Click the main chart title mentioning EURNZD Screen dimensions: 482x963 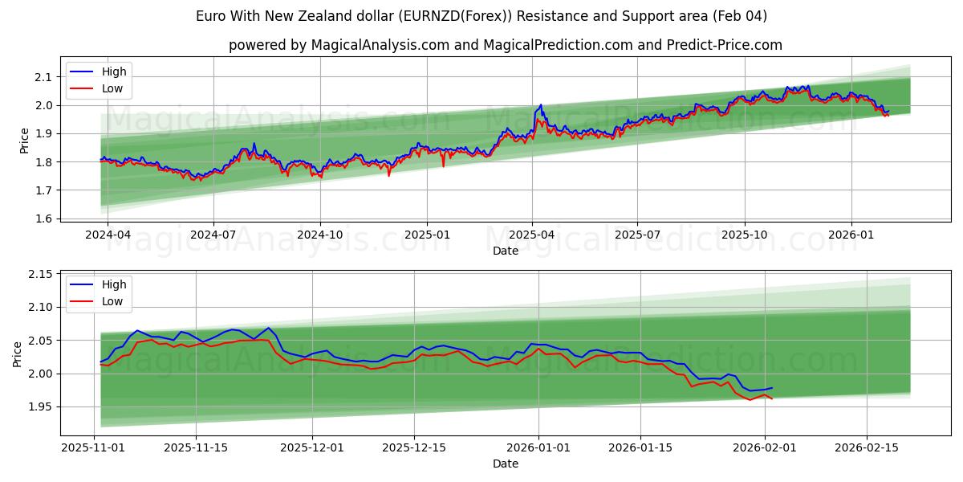tap(481, 16)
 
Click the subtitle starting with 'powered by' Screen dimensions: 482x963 tap(506, 45)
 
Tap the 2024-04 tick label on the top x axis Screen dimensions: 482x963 tap(108, 235)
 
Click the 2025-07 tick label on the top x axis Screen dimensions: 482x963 tap(637, 235)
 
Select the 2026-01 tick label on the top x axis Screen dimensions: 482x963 tap(851, 235)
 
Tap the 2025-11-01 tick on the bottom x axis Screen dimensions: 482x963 tap(94, 448)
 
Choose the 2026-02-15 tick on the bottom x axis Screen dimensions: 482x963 tap(867, 448)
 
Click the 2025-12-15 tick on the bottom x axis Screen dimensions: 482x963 tap(414, 448)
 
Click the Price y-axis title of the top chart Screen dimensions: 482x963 tap(25, 141)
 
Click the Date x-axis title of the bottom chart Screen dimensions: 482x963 tap(506, 464)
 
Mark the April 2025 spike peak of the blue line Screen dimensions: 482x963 tap(541, 104)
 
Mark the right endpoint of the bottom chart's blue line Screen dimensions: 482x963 tap(772, 388)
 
